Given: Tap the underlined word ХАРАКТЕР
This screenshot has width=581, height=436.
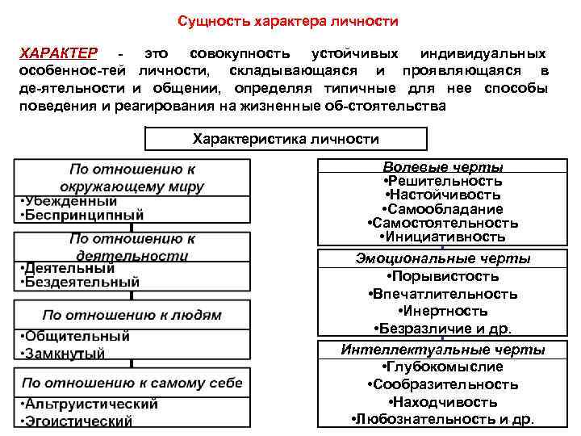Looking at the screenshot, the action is click(58, 53).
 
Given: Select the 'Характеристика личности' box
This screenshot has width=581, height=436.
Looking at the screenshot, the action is click(286, 139).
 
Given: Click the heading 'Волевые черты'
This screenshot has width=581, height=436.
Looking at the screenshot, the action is click(443, 167).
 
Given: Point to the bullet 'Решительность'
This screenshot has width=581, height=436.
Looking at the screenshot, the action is click(443, 181).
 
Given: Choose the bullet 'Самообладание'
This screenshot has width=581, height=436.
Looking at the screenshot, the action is click(443, 208).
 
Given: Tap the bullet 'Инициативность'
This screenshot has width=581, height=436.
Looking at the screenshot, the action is click(443, 237).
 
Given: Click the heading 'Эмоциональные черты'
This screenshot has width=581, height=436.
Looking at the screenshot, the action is click(443, 259).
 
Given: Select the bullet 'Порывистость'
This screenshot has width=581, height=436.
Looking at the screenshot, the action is click(443, 276).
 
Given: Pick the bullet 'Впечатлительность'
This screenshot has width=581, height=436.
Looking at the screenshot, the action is click(443, 294).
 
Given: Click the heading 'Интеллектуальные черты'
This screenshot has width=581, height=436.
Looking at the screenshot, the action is click(443, 350).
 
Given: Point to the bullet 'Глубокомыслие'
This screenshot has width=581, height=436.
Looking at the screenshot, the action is click(443, 367).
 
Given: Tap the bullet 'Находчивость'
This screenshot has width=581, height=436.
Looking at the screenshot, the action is click(443, 402).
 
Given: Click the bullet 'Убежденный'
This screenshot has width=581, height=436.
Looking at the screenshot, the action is click(68, 201).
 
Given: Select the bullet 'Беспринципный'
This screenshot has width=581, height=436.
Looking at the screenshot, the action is click(81, 215).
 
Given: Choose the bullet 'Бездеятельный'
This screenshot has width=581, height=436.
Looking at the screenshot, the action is click(81, 282).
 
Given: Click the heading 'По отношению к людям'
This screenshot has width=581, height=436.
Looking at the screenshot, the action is click(132, 315).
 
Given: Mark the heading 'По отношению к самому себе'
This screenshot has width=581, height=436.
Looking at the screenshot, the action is click(132, 382).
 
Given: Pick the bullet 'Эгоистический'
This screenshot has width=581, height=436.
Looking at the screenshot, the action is click(76, 421).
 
